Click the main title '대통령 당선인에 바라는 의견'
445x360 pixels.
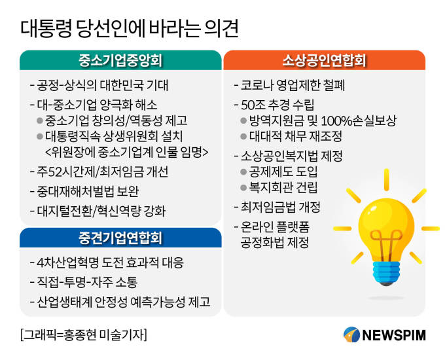click(x=130, y=29)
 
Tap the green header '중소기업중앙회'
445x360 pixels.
click(x=120, y=60)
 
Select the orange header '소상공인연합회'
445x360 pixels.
click(x=324, y=60)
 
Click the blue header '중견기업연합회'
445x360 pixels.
click(x=120, y=238)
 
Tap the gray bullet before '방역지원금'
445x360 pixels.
click(x=243, y=120)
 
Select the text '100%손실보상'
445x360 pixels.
click(x=359, y=121)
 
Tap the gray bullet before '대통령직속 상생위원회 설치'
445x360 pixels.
click(x=40, y=137)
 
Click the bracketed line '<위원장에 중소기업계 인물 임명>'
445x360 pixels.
click(x=126, y=152)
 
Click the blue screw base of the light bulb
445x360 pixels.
click(x=386, y=273)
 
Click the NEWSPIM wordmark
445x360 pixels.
click(x=394, y=335)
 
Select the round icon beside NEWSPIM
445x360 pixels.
click(x=351, y=334)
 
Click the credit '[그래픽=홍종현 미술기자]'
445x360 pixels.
click(x=84, y=334)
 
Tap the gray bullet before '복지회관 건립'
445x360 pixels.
click(x=243, y=188)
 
